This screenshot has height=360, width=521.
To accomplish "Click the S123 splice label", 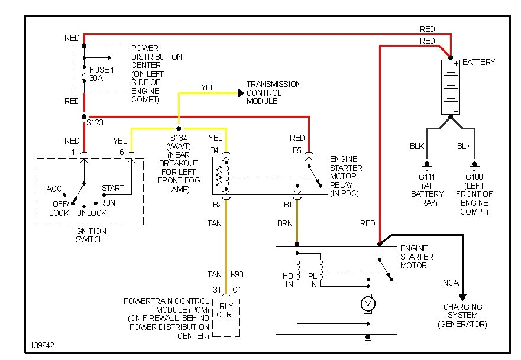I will click(x=95, y=124).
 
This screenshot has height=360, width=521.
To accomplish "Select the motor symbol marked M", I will click(x=368, y=304).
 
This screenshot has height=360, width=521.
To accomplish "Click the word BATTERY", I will click(x=478, y=62).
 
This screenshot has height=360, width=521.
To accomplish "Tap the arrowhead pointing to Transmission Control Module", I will click(x=240, y=93).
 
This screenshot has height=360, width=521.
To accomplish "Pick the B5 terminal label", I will click(x=297, y=150).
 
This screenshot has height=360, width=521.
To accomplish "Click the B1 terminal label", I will click(x=287, y=205).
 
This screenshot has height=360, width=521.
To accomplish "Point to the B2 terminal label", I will click(x=217, y=205).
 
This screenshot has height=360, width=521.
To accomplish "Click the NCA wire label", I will click(x=451, y=283).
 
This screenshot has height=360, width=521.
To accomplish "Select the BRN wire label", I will click(x=286, y=224).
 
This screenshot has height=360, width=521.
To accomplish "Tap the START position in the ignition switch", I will click(x=112, y=188).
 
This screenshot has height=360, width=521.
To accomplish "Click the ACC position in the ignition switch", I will click(x=54, y=189).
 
